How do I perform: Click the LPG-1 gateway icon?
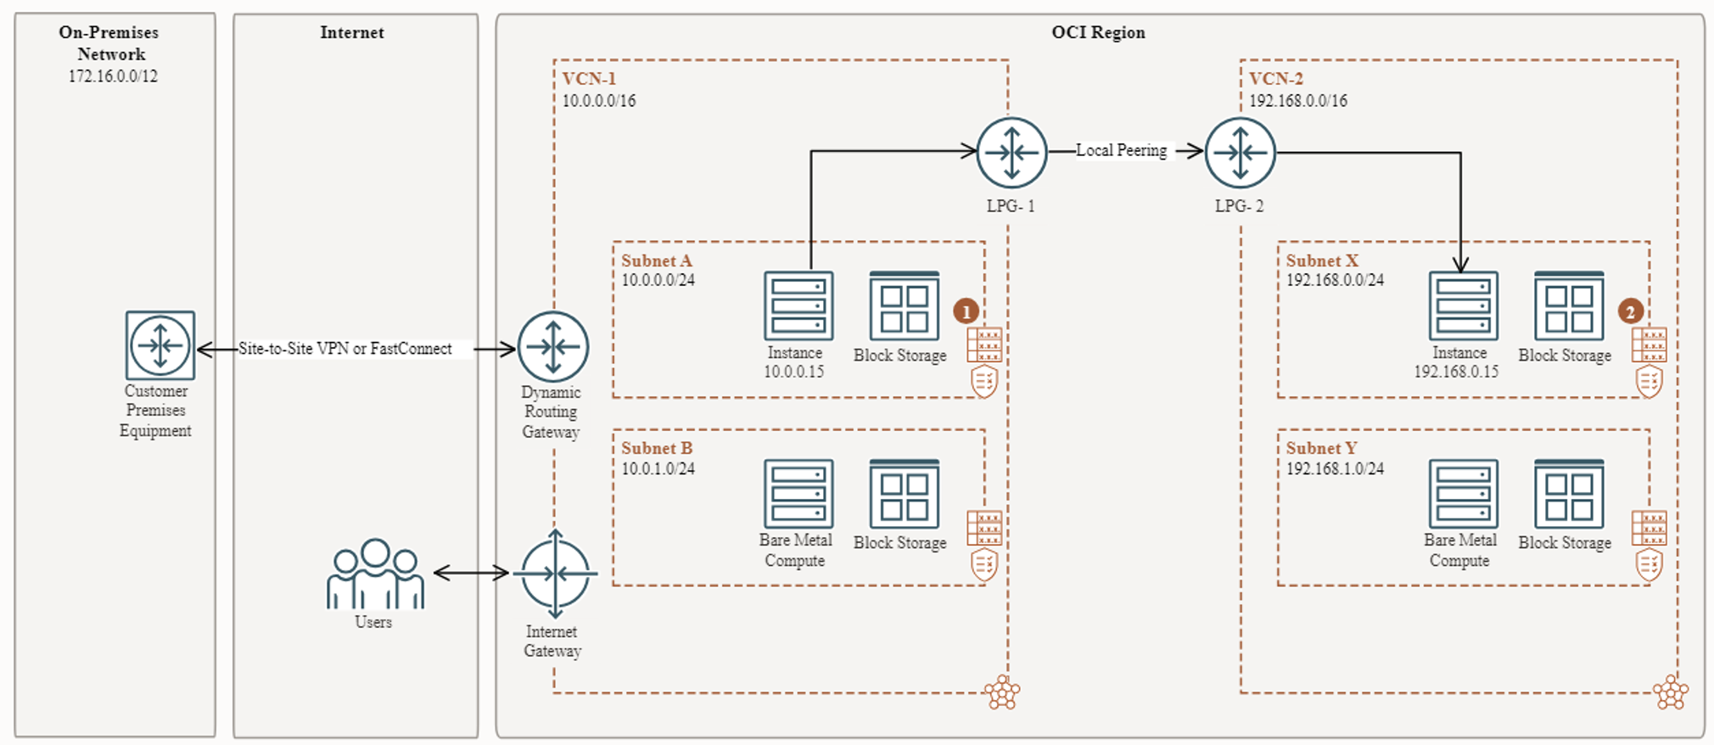tap(1011, 153)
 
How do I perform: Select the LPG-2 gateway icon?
tap(1240, 153)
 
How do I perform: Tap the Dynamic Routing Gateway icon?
tap(553, 346)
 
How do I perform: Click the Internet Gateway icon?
tap(555, 574)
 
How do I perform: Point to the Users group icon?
tap(374, 574)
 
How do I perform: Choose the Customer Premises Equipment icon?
tap(160, 345)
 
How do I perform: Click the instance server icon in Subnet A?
tap(798, 305)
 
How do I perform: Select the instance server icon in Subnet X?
tap(1462, 305)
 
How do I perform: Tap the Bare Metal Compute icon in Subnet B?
tap(798, 494)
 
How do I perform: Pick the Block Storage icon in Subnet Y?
tap(1568, 494)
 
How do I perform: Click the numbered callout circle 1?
tap(966, 311)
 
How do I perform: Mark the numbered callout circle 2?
tap(1630, 311)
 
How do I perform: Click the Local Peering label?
tap(1121, 150)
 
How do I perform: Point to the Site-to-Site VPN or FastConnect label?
tap(344, 348)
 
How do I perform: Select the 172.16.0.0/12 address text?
tap(113, 76)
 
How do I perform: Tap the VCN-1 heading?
tap(589, 79)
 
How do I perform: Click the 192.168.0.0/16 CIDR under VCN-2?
tap(1297, 100)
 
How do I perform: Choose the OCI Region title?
tap(1098, 32)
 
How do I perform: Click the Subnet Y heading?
tap(1321, 448)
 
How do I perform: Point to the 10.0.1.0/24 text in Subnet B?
tap(658, 468)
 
